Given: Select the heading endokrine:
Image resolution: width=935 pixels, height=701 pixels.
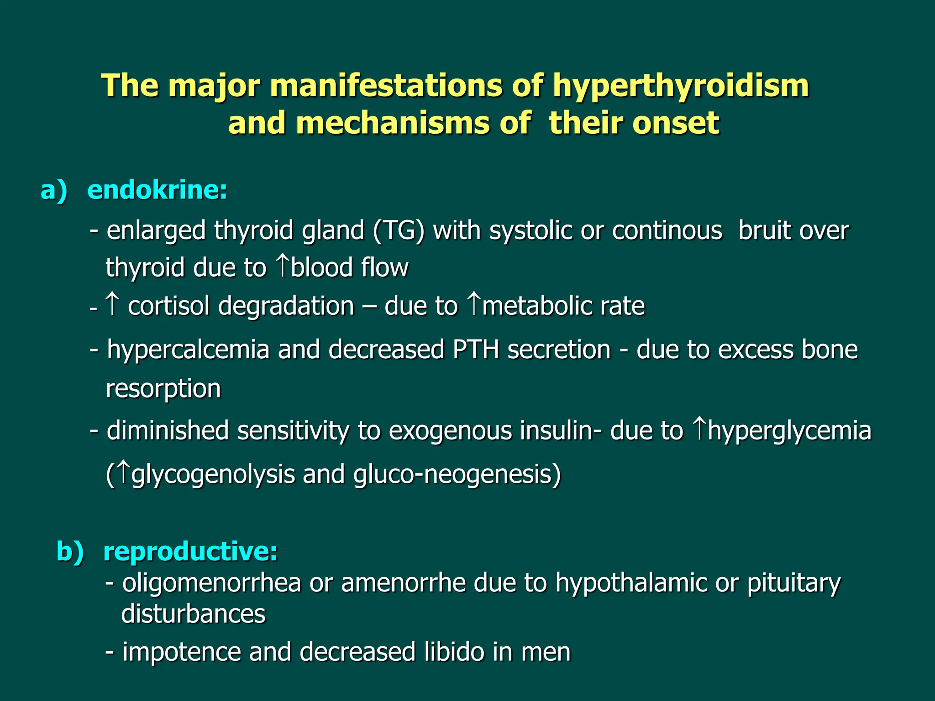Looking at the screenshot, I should coord(157,190).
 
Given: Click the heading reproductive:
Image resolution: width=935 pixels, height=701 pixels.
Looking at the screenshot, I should coord(190,551).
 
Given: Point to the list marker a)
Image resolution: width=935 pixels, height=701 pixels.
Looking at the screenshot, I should coord(54,190).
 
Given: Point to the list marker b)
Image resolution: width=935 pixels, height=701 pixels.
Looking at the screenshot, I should coord(70,551).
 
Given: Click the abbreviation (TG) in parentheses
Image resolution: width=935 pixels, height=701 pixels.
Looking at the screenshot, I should coord(399,230).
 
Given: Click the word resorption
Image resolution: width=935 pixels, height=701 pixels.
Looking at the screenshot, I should coord(163,389).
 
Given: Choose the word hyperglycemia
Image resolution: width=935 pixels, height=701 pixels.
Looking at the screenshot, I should coord(789,431).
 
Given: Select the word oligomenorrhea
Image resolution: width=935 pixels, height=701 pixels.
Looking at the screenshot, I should coord(211,583).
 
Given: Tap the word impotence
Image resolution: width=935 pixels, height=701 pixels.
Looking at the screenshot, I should coord(181,652).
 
